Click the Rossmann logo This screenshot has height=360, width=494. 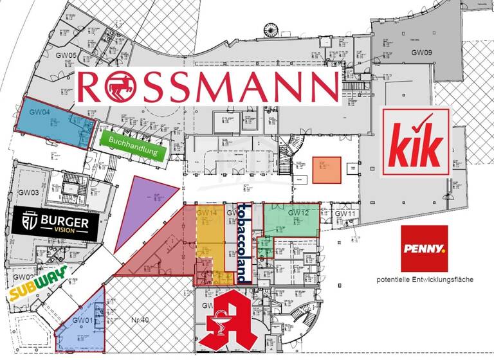[208, 87]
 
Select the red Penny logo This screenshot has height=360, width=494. [423, 248]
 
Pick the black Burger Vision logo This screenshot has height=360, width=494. [55, 223]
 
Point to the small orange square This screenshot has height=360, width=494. [326, 170]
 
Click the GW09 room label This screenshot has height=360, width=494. [421, 53]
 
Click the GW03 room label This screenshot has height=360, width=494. [28, 192]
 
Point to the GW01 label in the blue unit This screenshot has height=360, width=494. [82, 320]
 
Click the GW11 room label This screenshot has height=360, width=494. [345, 213]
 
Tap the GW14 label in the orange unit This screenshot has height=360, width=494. [206, 213]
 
